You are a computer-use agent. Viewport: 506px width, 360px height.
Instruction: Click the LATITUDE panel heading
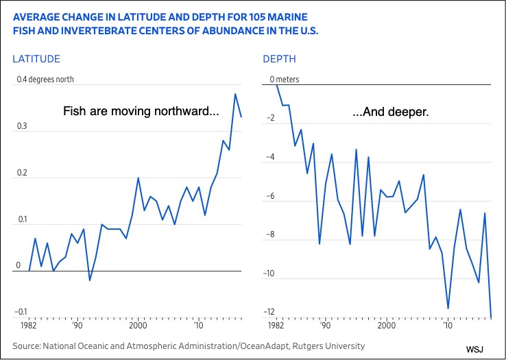(36, 59)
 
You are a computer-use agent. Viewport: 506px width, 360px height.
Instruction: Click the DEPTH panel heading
(279, 59)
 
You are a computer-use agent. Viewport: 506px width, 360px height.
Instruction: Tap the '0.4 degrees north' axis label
(45, 80)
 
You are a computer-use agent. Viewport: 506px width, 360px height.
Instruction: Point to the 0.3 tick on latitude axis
(22, 126)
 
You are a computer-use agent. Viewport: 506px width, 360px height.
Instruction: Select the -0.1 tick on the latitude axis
(21, 312)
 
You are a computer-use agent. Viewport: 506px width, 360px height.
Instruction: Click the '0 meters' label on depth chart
(285, 80)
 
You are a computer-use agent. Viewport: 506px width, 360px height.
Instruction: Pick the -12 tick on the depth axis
(269, 312)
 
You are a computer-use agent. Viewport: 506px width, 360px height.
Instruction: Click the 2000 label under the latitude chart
(138, 325)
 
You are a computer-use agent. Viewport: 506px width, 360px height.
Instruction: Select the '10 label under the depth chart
(448, 325)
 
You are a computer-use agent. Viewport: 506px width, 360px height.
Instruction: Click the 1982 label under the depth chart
(277, 325)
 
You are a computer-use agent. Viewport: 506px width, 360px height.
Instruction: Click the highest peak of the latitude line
(235, 94)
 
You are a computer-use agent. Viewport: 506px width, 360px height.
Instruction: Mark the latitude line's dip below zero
(90, 280)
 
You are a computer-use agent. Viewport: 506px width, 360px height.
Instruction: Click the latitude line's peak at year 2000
(138, 178)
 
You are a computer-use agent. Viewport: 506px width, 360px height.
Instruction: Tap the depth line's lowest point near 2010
(448, 309)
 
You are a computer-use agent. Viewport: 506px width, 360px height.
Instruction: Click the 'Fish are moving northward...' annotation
(141, 111)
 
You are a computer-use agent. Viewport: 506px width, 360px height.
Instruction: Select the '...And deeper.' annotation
(391, 112)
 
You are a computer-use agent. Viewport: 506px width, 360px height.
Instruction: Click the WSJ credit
(474, 349)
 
